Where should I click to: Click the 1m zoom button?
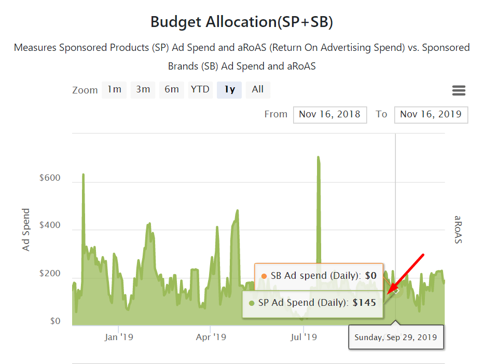[114, 89]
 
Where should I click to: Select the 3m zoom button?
[143, 89]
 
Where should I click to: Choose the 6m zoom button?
[171, 89]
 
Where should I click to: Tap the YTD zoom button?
[200, 89]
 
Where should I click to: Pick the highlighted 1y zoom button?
[229, 89]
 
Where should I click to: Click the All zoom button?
[258, 89]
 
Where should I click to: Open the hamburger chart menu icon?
[459, 91]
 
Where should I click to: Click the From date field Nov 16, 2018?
[330, 114]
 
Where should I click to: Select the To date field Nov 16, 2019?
[431, 114]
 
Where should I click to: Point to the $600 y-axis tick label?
[50, 178]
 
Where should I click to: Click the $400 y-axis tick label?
[50, 226]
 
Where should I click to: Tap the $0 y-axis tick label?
[56, 321]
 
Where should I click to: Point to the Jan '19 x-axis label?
[119, 338]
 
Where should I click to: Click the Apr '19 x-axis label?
[211, 338]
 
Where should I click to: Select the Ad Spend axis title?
[26, 230]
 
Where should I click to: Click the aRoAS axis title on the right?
[458, 230]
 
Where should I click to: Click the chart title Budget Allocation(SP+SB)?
[242, 22]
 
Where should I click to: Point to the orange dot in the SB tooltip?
[264, 276]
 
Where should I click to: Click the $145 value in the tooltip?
[364, 302]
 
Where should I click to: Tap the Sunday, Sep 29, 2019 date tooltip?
[396, 338]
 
